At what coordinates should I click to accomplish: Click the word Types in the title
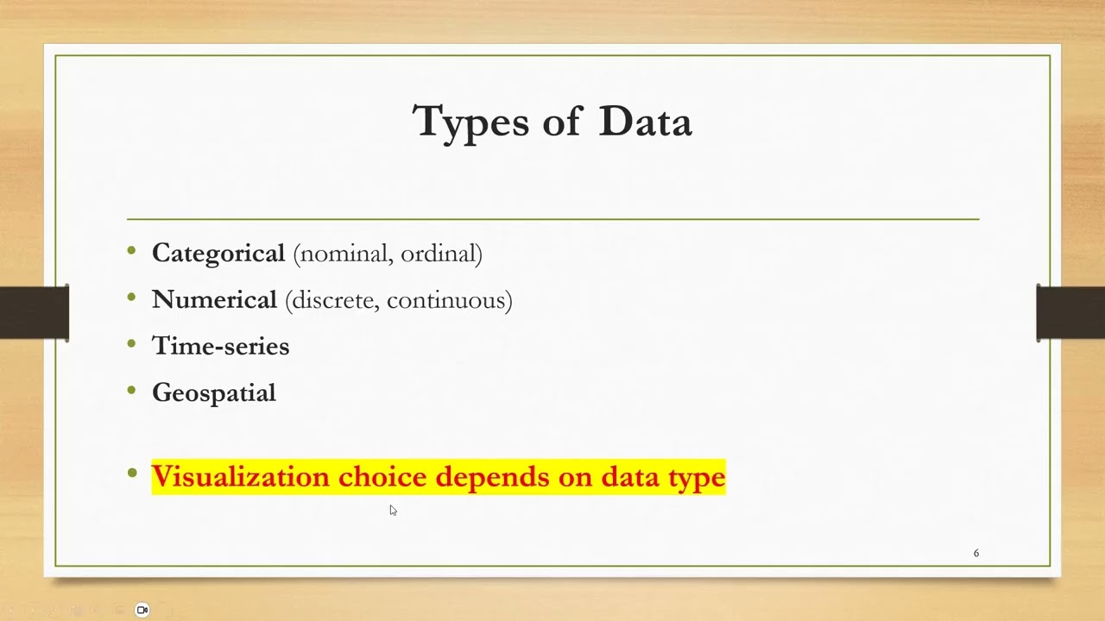pyautogui.click(x=470, y=122)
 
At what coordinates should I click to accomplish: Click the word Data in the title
pyautogui.click(x=645, y=122)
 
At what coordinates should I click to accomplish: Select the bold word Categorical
pyautogui.click(x=218, y=254)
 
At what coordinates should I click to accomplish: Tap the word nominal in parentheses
pyautogui.click(x=344, y=254)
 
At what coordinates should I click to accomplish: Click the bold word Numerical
pyautogui.click(x=214, y=300)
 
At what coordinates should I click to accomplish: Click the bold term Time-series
pyautogui.click(x=220, y=346)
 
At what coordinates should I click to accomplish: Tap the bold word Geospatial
pyautogui.click(x=214, y=393)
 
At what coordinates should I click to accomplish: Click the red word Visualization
pyautogui.click(x=240, y=477)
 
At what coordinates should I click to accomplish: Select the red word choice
pyautogui.click(x=382, y=477)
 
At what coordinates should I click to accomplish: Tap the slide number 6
pyautogui.click(x=976, y=553)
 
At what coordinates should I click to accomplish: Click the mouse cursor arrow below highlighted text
pyautogui.click(x=393, y=510)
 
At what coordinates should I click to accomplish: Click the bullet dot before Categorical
pyautogui.click(x=132, y=251)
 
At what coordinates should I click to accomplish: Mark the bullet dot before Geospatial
pyautogui.click(x=132, y=391)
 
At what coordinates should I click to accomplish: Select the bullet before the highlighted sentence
pyautogui.click(x=132, y=473)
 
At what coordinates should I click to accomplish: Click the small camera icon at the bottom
pyautogui.click(x=142, y=610)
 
